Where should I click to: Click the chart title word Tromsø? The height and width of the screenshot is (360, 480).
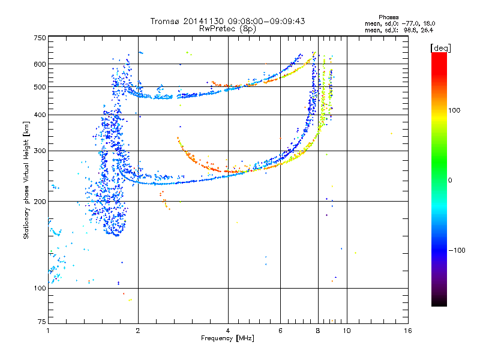point(164,21)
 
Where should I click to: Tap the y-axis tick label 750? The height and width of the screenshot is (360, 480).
point(39,38)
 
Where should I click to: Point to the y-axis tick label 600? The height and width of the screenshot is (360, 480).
point(39,64)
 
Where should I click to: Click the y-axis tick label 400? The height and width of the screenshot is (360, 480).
point(39,115)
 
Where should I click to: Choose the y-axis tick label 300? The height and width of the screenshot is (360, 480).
point(39,151)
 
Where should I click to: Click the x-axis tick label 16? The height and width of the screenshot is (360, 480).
point(407,330)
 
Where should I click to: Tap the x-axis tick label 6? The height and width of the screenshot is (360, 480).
point(280,330)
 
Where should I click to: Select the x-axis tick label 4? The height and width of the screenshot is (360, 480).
point(228,330)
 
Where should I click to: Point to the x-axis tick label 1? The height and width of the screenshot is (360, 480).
point(48,330)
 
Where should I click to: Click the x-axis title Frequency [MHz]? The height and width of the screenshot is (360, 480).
point(227,338)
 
